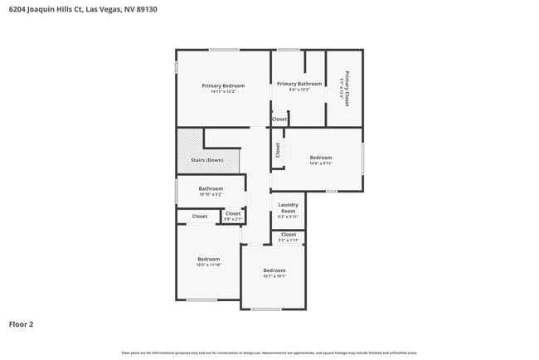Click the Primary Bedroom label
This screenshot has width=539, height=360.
223,85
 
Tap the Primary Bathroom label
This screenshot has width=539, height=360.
299,84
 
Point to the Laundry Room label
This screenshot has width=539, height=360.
288,207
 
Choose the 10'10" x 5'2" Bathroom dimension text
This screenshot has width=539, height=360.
211,195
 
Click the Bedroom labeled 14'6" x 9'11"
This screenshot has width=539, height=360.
321,158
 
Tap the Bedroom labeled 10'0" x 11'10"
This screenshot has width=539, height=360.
208,259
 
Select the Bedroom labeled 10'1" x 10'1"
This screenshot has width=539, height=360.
274,270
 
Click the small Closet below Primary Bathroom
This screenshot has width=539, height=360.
279,119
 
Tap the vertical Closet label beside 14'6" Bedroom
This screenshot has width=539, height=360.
278,150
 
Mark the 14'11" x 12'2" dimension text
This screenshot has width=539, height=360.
223,91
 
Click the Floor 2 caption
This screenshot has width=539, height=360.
22,324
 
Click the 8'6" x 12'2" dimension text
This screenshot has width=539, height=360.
299,90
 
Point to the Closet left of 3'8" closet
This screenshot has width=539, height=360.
199,216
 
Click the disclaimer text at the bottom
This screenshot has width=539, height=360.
269,353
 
